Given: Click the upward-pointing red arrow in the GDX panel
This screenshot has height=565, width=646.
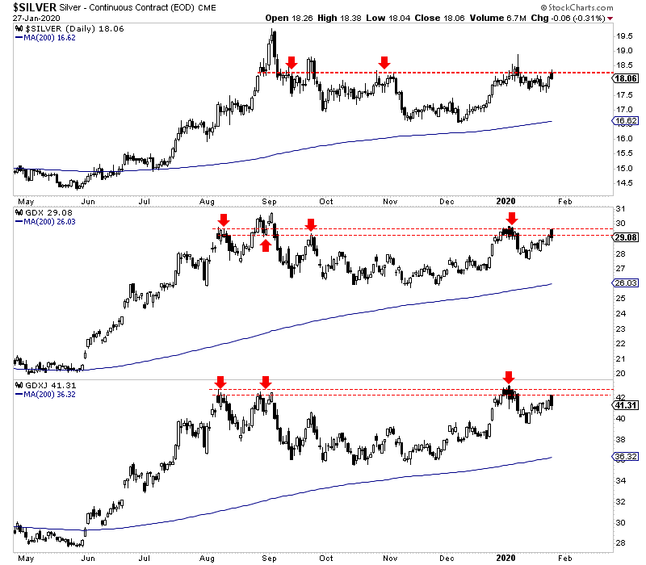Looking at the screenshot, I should [x=265, y=246].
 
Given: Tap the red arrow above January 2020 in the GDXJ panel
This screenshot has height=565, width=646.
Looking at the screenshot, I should [x=508, y=377].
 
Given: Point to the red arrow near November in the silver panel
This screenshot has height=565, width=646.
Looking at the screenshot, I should [x=385, y=62].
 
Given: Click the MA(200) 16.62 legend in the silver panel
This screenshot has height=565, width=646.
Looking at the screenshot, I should [x=48, y=38].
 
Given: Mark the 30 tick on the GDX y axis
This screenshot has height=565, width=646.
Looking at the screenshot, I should [x=619, y=224].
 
